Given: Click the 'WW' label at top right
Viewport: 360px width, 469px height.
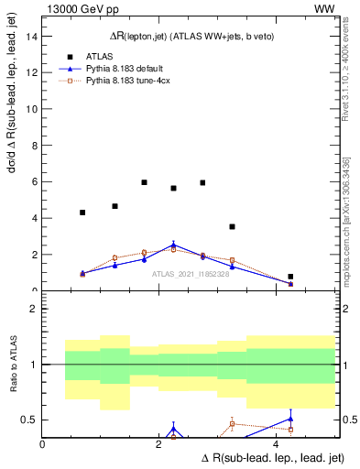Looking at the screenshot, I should pos(324,9).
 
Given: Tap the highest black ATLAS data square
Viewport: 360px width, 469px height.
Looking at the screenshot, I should pos(145,182).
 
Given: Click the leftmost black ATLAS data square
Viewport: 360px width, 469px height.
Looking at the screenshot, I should pos(82,213).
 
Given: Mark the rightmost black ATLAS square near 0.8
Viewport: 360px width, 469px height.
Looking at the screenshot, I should pos(290,277).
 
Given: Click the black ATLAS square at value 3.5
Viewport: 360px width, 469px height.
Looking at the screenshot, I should pos(232,226).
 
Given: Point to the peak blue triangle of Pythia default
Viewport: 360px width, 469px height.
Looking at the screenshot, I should pos(174,245).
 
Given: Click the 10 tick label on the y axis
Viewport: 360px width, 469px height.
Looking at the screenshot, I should pos(32,109).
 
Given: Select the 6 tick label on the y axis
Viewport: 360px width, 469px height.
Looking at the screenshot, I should pos(35,182).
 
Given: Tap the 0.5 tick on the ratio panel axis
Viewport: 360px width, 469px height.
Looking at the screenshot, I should pos(30,420).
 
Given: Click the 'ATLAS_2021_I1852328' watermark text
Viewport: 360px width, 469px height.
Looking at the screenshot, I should pos(190,273).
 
